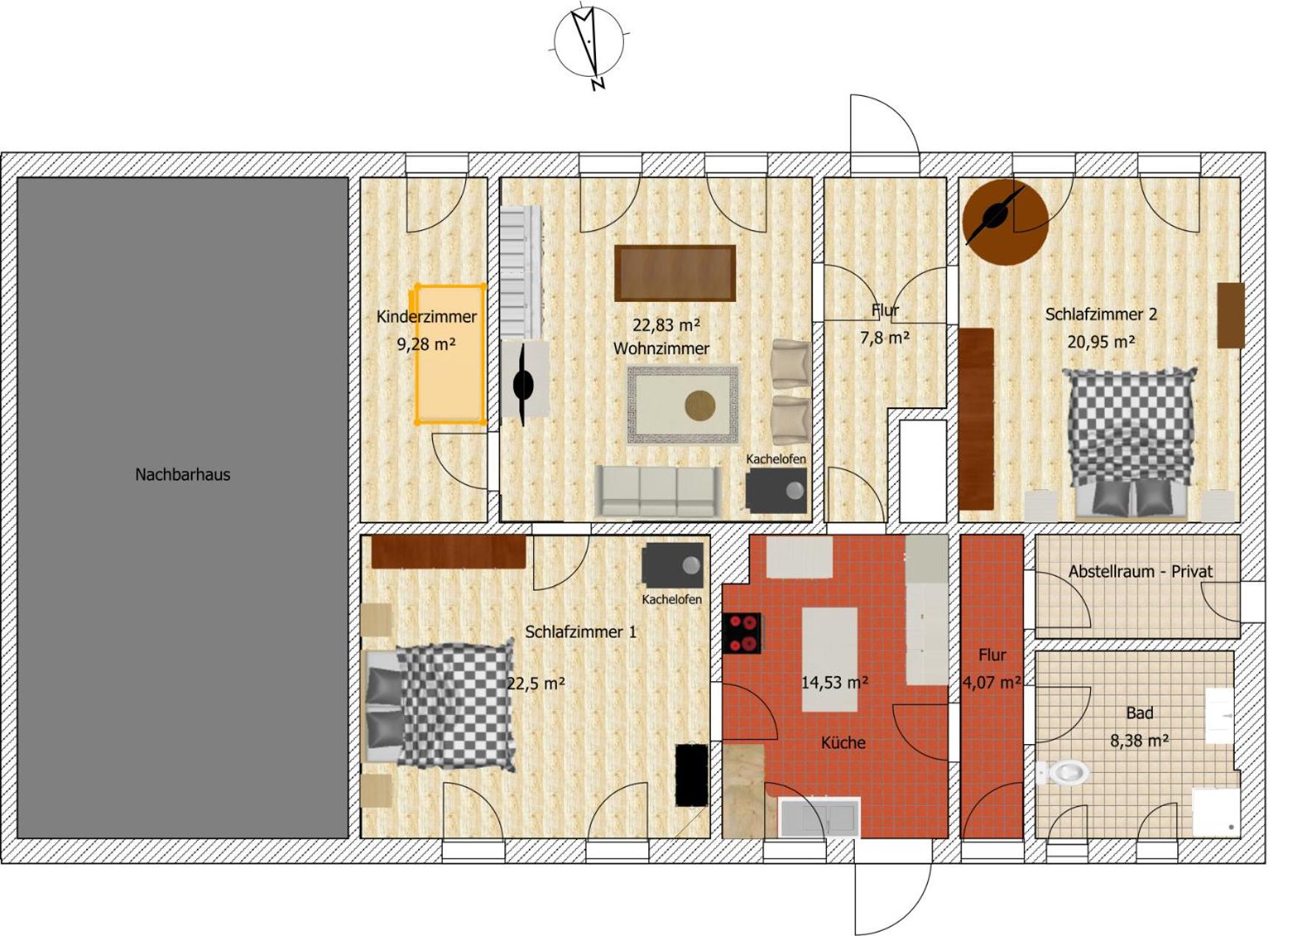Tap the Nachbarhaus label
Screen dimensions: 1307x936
point(182,475)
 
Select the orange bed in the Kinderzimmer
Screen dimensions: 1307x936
point(449,354)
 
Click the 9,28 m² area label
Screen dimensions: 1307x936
point(426,344)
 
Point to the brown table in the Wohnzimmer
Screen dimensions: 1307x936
point(675,273)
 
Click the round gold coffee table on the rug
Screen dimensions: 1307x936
point(700,405)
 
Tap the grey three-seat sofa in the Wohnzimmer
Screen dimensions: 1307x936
point(658,491)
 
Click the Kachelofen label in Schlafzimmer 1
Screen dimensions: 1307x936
point(671,599)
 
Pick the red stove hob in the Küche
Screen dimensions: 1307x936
point(743,633)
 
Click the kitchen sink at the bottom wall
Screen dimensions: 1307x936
point(819,818)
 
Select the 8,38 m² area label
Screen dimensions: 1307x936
point(1139,740)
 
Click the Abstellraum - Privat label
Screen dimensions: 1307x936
point(1140,571)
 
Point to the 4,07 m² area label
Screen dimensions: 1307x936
point(992,683)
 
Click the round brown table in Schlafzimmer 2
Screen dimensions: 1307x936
point(1005,221)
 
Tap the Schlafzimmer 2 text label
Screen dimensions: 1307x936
point(1100,314)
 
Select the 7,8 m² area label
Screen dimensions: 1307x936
point(884,338)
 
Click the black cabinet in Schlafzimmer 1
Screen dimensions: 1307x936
point(692,774)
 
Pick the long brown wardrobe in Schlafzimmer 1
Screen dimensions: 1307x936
point(448,552)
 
